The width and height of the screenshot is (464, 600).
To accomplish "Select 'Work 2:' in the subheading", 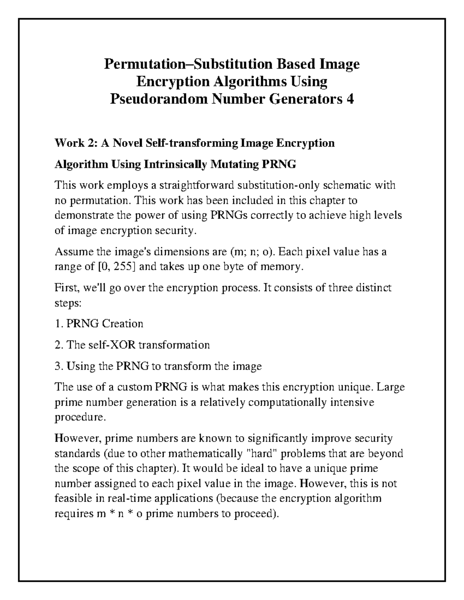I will [x=76, y=144].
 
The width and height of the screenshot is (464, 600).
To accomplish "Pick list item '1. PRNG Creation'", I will [x=99, y=323].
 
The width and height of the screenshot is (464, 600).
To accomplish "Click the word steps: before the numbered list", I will [x=68, y=303].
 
